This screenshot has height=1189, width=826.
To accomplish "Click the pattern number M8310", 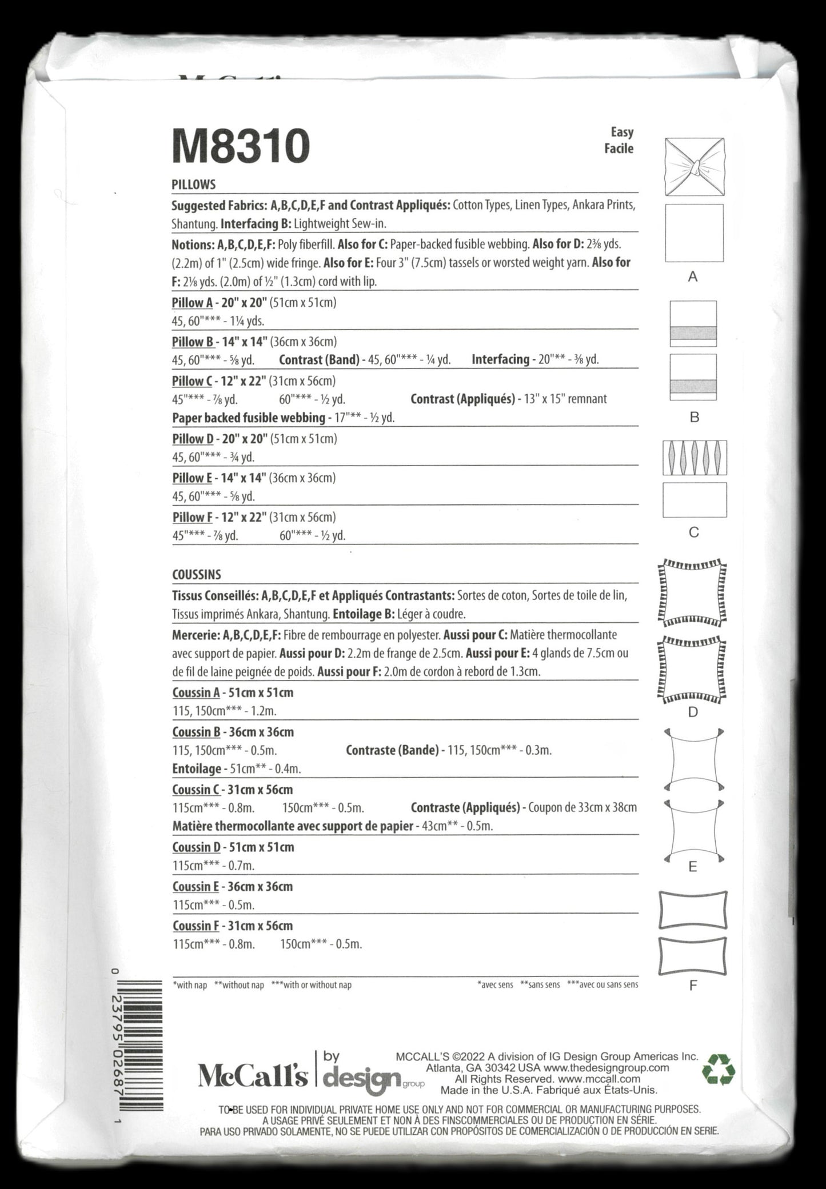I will click(x=241, y=146).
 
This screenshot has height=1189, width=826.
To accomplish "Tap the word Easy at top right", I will click(x=622, y=133).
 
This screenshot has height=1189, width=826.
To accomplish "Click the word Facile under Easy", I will click(x=619, y=149).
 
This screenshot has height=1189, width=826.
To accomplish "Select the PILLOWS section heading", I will click(x=193, y=185).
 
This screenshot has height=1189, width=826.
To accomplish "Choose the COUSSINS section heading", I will click(x=196, y=574).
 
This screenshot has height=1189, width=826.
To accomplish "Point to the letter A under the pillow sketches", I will click(x=693, y=277).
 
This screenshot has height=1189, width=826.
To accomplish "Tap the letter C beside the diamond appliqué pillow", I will click(x=694, y=533).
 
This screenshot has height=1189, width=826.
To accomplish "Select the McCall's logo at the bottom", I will click(x=253, y=1076).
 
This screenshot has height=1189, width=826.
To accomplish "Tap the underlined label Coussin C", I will click(x=196, y=790).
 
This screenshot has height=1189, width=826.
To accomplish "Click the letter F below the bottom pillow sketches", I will click(x=693, y=986).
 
